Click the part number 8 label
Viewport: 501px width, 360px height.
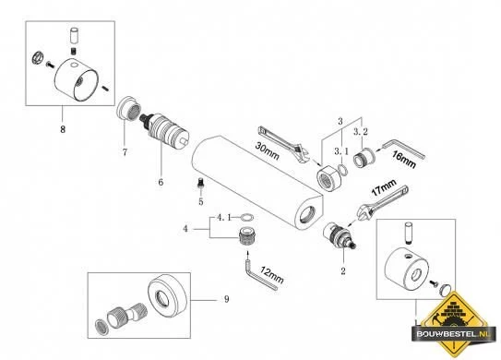click(x=63, y=129)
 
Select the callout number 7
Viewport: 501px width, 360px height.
click(x=125, y=152)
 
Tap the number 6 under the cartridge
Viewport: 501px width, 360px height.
click(x=161, y=182)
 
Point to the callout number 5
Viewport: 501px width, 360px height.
click(x=200, y=202)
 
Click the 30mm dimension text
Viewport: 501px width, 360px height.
click(x=268, y=150)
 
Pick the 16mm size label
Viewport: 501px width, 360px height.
click(x=404, y=160)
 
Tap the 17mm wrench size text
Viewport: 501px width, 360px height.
click(x=384, y=187)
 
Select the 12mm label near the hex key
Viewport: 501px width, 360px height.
click(x=272, y=275)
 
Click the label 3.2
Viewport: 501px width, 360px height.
click(x=361, y=131)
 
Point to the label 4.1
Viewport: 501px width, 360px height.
click(x=224, y=218)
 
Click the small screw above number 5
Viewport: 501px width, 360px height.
click(x=200, y=183)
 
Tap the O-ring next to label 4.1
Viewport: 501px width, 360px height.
click(x=246, y=218)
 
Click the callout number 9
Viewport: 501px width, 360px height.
click(x=227, y=299)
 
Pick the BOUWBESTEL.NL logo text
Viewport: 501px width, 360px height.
click(x=453, y=334)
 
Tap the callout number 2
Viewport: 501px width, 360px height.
click(x=343, y=271)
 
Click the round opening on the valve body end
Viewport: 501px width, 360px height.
click(x=307, y=214)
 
